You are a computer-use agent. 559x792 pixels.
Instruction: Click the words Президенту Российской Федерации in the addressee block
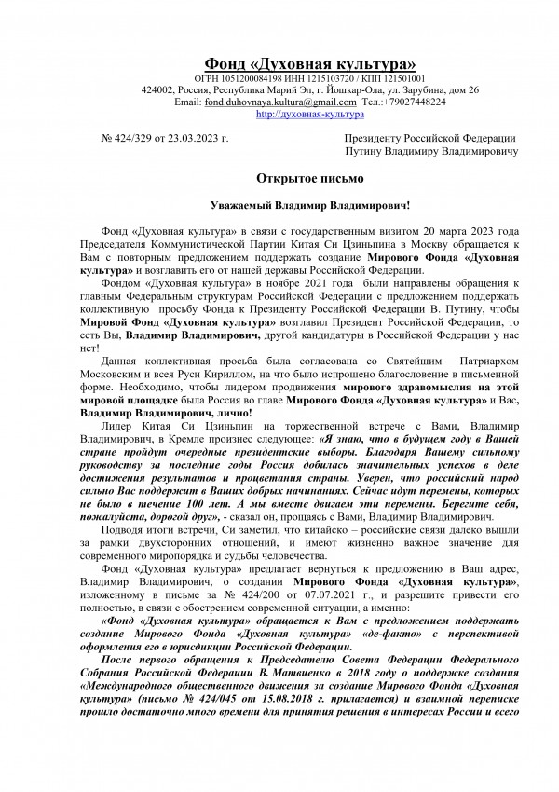pos(429,138)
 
